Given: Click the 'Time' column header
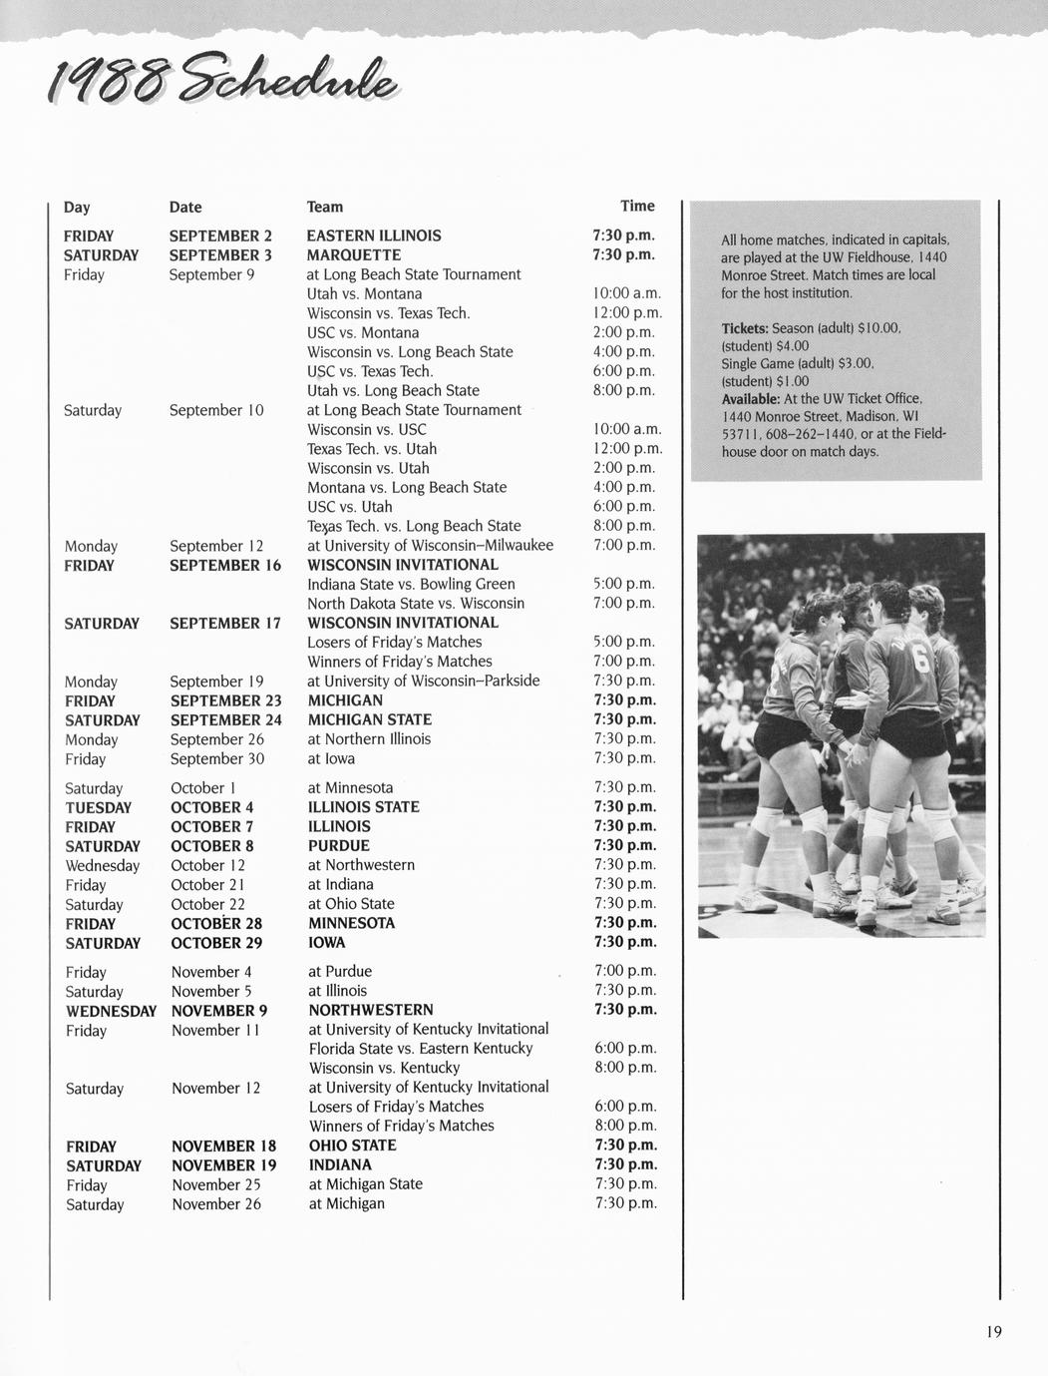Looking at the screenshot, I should pos(637,206).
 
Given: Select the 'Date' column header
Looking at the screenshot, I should pos(185,208).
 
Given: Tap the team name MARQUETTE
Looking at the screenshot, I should pos(354,255).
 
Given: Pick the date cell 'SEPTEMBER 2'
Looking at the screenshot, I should pos(220,236).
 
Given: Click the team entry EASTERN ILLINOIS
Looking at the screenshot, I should pos(374,236).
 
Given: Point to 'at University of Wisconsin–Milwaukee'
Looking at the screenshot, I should pos(430,545).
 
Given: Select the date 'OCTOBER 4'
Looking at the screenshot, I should pos(212,807).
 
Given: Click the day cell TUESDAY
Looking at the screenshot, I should pos(99,807).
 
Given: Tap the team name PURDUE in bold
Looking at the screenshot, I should pos(339,846).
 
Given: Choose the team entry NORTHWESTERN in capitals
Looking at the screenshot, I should pos(371,1010).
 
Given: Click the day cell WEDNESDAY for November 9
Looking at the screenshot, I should pos(111,1011).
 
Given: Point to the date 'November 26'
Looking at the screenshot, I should pos(216,1204).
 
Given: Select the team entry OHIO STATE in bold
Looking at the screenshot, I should pos(352,1146).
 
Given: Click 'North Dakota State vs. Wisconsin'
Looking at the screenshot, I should pos(416,604).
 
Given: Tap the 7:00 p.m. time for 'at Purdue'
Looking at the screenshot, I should pos(625,971).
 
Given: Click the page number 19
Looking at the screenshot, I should pos(993,1331).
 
